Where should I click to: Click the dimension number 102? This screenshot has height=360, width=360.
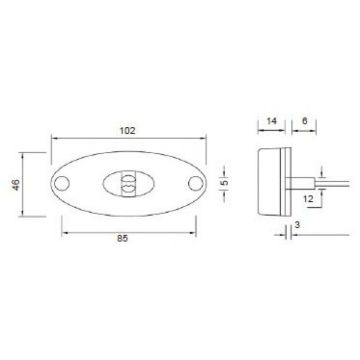click(127, 129)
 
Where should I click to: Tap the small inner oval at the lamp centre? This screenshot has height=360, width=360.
click(126, 184)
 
